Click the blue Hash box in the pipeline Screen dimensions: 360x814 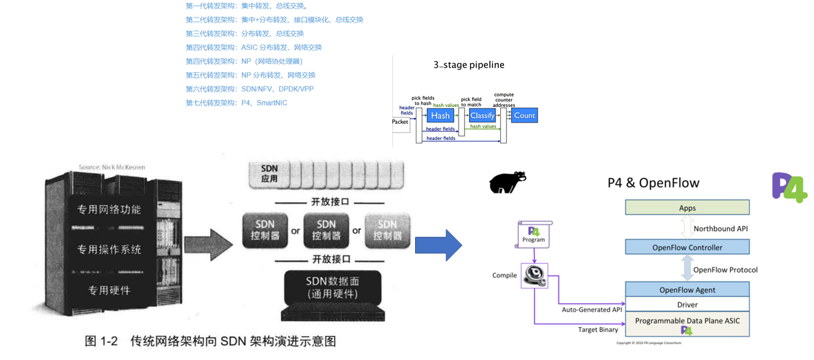pos(440,115)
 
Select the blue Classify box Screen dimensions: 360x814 pos(483,115)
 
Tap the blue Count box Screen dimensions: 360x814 pos(524,115)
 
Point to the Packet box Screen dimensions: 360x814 pos(401,121)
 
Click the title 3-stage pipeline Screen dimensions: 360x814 pos(469,65)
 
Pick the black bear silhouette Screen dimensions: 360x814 pos(507,182)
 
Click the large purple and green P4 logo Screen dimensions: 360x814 pos(789,187)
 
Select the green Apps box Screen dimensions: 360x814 pos(687,208)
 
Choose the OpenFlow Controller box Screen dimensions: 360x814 pos(687,247)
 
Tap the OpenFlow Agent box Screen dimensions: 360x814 pos(687,289)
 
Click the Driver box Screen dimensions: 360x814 pos(687,305)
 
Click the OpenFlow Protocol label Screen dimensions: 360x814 pos(725,269)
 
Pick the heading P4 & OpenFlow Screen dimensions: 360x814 pos(653,183)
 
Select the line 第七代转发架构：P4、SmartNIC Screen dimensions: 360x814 pos(236,102)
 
